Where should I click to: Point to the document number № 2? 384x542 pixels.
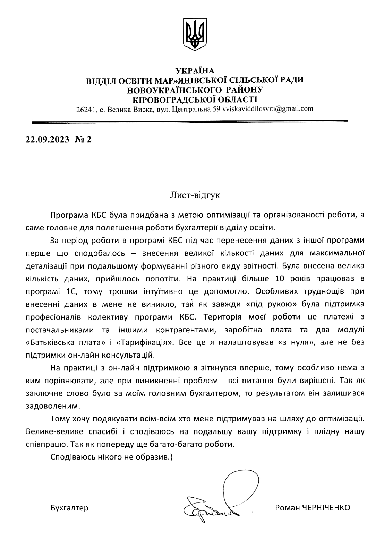[83, 139]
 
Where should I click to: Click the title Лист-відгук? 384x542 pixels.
[195, 195]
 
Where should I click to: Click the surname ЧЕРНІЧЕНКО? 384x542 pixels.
[327, 508]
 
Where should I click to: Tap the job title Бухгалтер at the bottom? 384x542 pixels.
[69, 508]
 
